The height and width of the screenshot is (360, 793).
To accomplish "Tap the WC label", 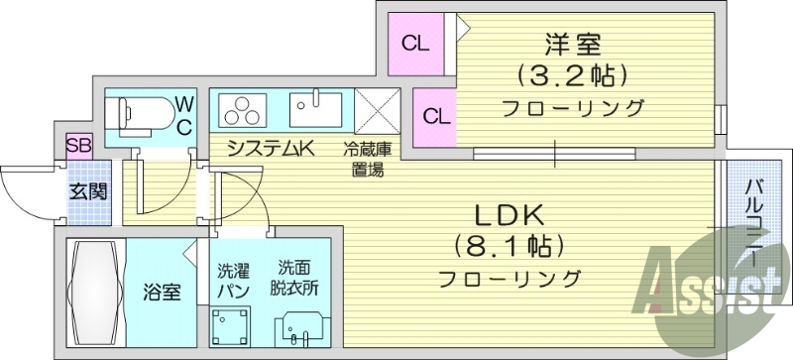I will point(185,114).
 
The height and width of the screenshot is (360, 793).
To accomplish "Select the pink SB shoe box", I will point(79,146).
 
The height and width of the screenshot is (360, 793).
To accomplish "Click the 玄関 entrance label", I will point(88,191).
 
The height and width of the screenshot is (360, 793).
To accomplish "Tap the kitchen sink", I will point(315,108).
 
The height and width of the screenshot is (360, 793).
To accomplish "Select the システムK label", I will point(271,150).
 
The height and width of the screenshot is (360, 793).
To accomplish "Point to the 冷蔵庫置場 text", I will point(366,159).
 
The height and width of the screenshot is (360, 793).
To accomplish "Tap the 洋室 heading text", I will point(572,45).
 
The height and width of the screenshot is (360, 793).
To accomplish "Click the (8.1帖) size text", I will point(509,244).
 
